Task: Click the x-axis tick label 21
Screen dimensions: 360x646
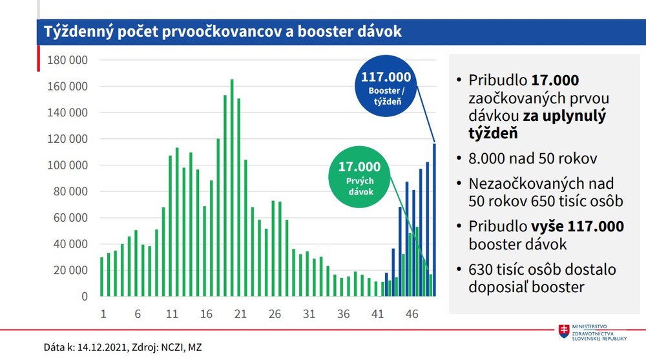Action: pos(240,314)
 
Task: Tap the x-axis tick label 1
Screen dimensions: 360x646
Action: pos(103,314)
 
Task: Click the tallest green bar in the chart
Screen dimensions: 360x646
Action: pos(232,187)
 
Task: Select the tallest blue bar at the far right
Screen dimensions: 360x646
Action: pos(434,220)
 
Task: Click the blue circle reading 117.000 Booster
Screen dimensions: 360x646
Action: pos(386,89)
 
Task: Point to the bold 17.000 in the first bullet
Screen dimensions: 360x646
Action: pos(555,81)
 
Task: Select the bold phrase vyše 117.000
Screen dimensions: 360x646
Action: pos(578,227)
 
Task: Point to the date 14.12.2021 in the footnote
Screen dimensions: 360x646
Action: pos(105,347)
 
